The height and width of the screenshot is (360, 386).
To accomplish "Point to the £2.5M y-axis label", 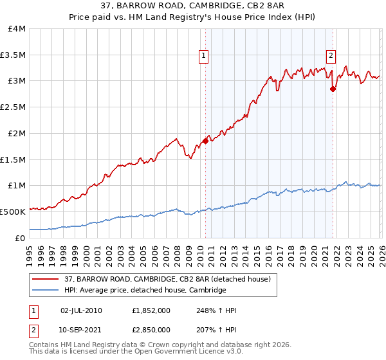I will pyautogui.click(x=14, y=107).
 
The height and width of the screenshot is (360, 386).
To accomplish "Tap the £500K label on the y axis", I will pyautogui.click(x=13, y=212).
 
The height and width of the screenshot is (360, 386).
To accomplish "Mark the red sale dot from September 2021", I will pyautogui.click(x=333, y=89).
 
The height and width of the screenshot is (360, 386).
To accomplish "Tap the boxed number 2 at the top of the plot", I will pyautogui.click(x=331, y=55).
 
